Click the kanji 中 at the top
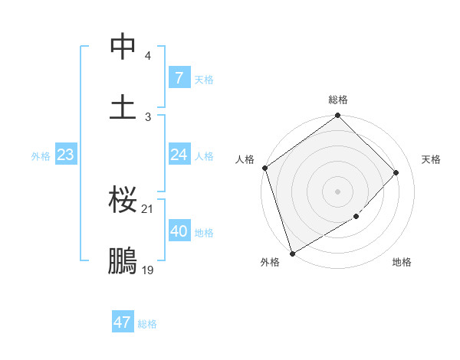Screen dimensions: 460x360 [x=123, y=48]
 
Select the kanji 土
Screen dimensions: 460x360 [x=123, y=106]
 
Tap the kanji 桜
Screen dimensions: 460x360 [x=123, y=201]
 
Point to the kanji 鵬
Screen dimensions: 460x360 [x=123, y=260]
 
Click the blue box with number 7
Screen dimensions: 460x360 [x=179, y=78]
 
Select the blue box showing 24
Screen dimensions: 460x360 [x=179, y=155]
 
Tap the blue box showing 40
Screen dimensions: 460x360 [x=179, y=231]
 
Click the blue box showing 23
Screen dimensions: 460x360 [x=65, y=155]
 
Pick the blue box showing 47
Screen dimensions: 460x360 [x=123, y=322]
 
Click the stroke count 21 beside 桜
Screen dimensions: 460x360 [x=147, y=209]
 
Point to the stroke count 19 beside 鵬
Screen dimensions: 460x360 [x=147, y=270]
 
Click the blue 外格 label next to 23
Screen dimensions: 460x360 [x=41, y=156]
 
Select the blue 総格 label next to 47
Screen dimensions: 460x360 [x=147, y=324]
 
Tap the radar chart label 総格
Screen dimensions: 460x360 [x=338, y=100]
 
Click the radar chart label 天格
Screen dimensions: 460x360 [x=432, y=159]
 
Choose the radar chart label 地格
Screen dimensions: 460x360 [x=402, y=262]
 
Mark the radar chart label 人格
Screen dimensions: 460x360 [x=245, y=159]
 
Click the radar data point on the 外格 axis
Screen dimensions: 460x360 [x=291, y=253]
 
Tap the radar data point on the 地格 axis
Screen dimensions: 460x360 [x=356, y=217]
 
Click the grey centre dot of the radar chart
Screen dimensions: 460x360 [x=338, y=191]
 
